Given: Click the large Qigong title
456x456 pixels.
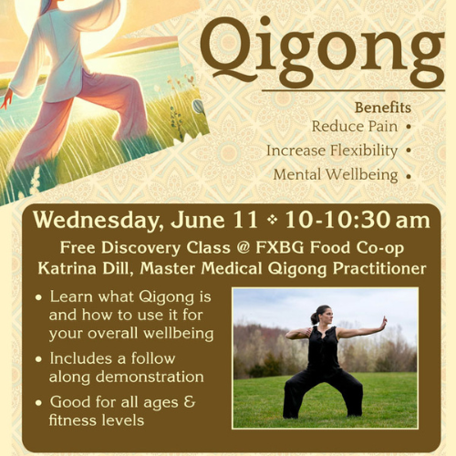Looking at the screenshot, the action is (322, 52).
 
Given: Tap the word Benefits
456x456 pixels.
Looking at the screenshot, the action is (383, 108).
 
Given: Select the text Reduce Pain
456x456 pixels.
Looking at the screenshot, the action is (355, 126).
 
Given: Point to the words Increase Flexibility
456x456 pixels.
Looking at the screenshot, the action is (332, 150).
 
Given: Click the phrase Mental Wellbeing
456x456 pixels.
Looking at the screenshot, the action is (336, 175).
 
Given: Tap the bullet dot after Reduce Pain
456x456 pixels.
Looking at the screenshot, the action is (409, 127).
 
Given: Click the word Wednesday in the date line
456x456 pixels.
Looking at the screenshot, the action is (96, 221).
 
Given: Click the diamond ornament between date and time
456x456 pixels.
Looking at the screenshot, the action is (272, 220).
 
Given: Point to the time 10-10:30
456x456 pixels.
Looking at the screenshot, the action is (337, 220).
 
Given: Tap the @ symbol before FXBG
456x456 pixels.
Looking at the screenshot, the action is (243, 247).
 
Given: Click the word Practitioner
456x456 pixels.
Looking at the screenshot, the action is (379, 268).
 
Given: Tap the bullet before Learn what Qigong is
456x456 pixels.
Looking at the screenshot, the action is (38, 297).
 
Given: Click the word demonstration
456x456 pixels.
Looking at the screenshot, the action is (150, 377).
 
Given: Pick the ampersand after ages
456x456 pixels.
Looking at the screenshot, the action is (189, 401).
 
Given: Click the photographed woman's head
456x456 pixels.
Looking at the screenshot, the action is (323, 316).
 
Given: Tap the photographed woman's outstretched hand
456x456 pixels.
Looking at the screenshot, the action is (384, 323).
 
